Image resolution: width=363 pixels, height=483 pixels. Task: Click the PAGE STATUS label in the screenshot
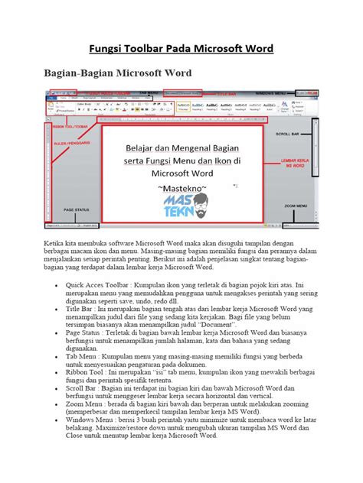pyautogui.click(x=76, y=209)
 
